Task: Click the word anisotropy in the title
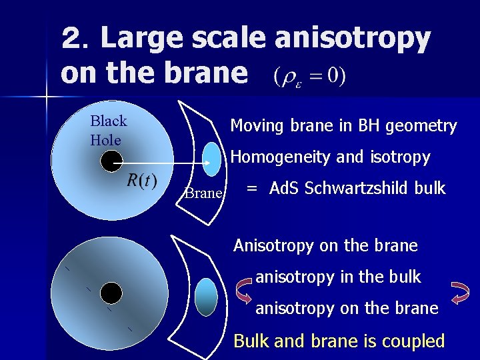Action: (x=351, y=39)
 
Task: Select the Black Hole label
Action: (x=108, y=131)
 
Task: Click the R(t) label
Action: (x=141, y=180)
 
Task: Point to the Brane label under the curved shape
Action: (x=203, y=193)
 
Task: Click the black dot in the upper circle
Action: (x=111, y=161)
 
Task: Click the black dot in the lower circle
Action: (x=111, y=292)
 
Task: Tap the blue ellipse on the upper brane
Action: (x=211, y=159)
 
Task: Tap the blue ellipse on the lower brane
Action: (x=207, y=297)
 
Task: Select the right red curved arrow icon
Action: (x=460, y=291)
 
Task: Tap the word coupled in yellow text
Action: (x=411, y=341)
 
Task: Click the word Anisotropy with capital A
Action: (x=273, y=245)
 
